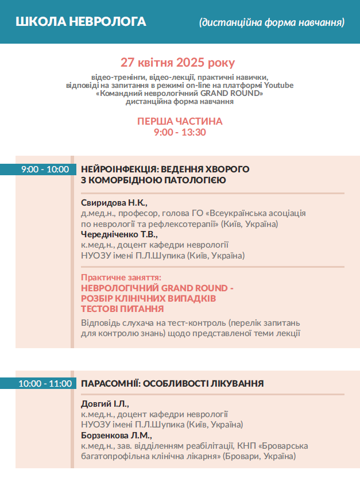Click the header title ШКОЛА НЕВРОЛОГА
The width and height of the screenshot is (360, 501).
81,22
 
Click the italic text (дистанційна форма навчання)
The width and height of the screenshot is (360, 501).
272,22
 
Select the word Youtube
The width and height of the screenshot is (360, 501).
280,85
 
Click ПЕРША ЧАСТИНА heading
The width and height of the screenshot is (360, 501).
180,122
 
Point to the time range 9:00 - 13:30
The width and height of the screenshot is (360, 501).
180,132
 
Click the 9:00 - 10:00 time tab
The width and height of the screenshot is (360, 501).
45,169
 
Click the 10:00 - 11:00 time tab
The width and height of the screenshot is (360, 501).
45,383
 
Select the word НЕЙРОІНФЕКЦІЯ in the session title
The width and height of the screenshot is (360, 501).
119,169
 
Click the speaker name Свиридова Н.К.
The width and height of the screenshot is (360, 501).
114,202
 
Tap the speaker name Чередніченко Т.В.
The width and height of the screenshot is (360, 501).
119,234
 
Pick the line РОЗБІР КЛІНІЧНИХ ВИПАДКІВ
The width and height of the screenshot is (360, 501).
149,298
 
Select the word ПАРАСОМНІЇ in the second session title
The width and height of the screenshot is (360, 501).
109,383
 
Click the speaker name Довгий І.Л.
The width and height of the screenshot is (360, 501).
105,403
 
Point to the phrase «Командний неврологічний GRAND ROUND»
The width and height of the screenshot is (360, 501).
180,93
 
